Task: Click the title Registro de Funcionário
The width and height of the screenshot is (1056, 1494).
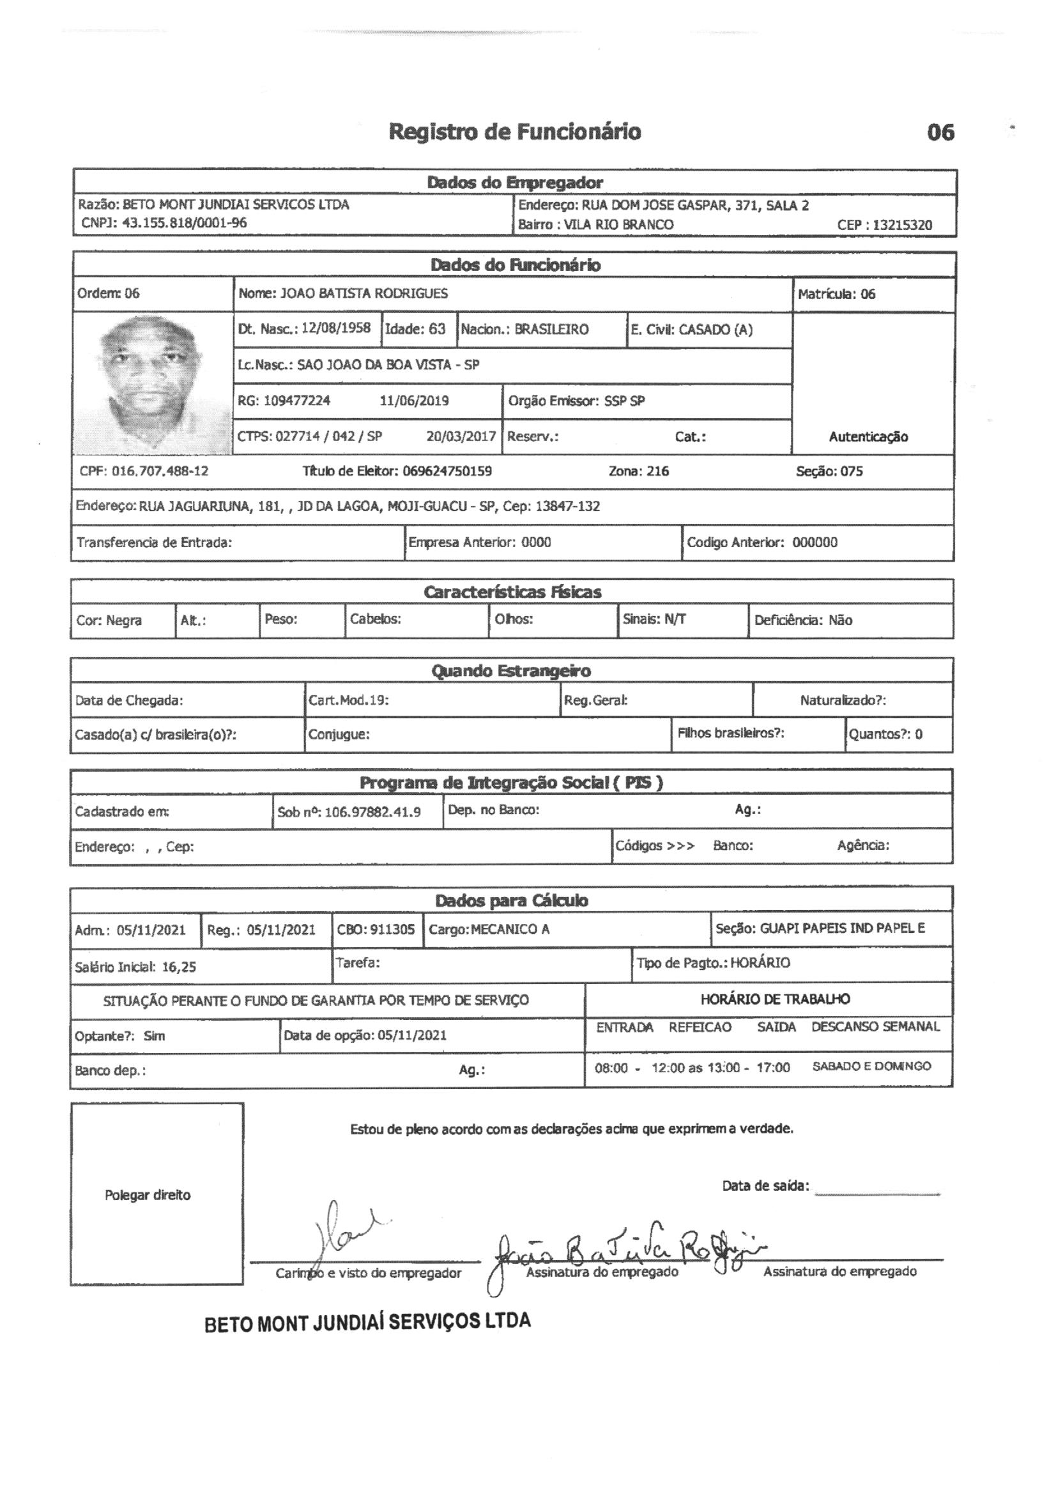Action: pos(515,132)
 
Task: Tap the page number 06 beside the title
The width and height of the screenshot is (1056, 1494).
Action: pos(940,133)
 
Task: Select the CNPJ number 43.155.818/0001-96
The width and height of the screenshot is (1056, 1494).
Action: pos(184,223)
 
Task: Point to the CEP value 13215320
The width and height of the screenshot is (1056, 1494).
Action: pos(903,225)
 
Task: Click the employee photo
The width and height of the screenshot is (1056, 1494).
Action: pos(153,384)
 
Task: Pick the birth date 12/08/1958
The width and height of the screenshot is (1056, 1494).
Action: pos(336,328)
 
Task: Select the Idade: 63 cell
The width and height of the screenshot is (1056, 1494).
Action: pos(416,329)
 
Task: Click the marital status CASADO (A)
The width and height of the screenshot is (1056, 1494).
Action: pos(715,330)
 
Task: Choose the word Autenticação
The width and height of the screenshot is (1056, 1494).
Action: pos(868,437)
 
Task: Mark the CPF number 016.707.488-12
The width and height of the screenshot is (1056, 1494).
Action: pos(160,471)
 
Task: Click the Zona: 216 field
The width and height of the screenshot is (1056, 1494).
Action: pos(638,471)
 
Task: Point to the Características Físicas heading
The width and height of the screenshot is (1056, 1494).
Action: pos(512,592)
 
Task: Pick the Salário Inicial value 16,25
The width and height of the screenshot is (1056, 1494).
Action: pos(179,967)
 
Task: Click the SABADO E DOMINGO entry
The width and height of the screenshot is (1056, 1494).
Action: pos(871,1067)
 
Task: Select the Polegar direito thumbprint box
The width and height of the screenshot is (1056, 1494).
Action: pos(157,1194)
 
